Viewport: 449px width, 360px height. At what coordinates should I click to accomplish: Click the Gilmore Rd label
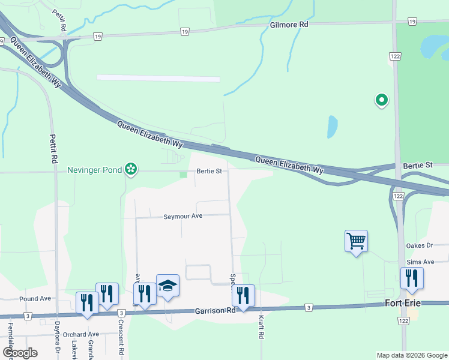[289, 25]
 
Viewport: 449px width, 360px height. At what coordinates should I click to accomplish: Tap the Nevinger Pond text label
[94, 170]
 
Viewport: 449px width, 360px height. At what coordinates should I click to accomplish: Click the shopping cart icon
[356, 241]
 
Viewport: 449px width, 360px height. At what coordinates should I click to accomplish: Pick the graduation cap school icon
[168, 286]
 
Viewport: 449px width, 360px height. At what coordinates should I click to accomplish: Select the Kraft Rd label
[261, 328]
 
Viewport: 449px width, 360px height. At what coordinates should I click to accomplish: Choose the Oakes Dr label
[420, 245]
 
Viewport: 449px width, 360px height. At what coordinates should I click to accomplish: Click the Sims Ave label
[420, 262]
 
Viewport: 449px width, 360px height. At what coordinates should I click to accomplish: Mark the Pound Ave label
[35, 298]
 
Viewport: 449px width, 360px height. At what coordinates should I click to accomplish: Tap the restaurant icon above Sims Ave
[412, 278]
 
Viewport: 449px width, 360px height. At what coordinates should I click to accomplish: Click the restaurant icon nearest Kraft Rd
[243, 295]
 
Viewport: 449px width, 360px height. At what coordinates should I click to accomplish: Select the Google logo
[20, 353]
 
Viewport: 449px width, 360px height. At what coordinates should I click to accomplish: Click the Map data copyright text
[412, 355]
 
